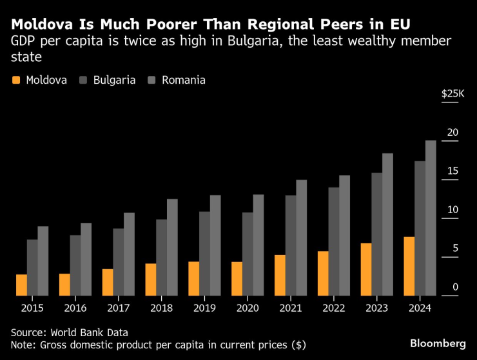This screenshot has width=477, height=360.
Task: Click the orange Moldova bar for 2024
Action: click(x=409, y=267)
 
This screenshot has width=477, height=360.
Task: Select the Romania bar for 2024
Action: click(x=431, y=218)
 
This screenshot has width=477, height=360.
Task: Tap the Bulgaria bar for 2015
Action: click(x=32, y=268)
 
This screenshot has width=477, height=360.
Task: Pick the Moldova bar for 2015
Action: click(x=21, y=285)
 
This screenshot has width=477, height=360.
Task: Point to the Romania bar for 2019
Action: click(x=215, y=245)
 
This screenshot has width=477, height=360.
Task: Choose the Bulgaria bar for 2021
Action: click(x=291, y=245)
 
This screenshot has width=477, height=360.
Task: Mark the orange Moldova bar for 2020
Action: click(x=237, y=279)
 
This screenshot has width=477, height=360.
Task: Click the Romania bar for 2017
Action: click(x=129, y=254)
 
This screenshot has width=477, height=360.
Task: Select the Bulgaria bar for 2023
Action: click(x=376, y=234)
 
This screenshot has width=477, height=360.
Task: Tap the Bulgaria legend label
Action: click(x=114, y=81)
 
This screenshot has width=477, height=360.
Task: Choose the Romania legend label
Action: click(x=184, y=81)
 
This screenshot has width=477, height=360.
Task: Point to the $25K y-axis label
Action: click(x=452, y=94)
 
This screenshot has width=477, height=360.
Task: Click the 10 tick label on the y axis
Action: click(x=454, y=210)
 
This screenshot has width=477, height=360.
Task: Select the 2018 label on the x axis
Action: click(x=161, y=308)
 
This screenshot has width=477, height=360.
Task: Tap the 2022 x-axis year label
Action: click(x=333, y=308)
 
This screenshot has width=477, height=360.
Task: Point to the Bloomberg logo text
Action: click(x=438, y=342)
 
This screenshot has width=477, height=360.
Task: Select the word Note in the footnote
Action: click(x=23, y=345)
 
